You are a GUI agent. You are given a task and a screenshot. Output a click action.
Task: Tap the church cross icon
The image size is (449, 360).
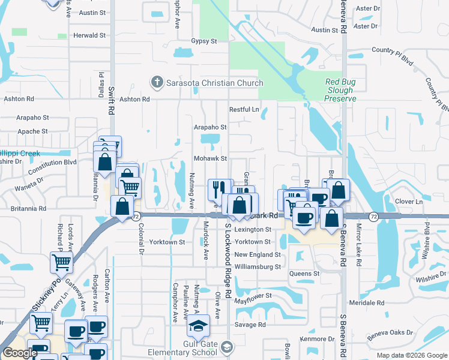coord(157,82)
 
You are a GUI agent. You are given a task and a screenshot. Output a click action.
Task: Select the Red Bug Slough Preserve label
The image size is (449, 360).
coord(340,90)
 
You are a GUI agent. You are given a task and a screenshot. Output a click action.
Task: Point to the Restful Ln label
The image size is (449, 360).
coord(244,110)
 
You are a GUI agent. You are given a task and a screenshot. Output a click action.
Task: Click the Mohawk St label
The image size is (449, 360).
coord(210,158)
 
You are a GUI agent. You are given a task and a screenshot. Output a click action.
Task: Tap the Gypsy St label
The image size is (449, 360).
coord(204,41)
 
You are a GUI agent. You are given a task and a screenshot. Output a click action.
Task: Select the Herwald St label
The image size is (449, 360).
coord(89,35)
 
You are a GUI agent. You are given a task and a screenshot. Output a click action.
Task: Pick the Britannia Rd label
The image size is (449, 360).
coord(28,209)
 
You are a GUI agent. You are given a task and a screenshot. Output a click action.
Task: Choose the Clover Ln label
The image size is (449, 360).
coord(410,202)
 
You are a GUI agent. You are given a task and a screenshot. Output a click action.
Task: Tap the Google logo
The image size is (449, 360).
coord(20,353)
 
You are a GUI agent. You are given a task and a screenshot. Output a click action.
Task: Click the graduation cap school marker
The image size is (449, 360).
coord(197,326)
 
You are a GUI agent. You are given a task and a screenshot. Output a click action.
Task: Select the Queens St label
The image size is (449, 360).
coord(304,274)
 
